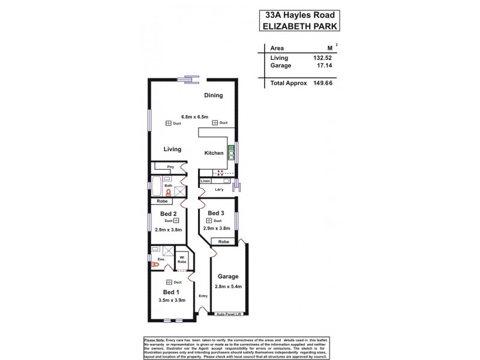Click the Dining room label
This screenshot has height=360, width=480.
point(213,95)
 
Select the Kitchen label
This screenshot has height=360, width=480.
point(214,153)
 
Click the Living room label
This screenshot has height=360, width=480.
point(172,149)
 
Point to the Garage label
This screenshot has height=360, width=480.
point(229,277)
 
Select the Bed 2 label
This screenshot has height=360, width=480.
point(167,214)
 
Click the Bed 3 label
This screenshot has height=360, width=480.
point(217,213)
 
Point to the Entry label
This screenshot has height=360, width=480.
point(203,295)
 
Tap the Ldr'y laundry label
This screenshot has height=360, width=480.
point(219,190)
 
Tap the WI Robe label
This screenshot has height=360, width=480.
point(182,261)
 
